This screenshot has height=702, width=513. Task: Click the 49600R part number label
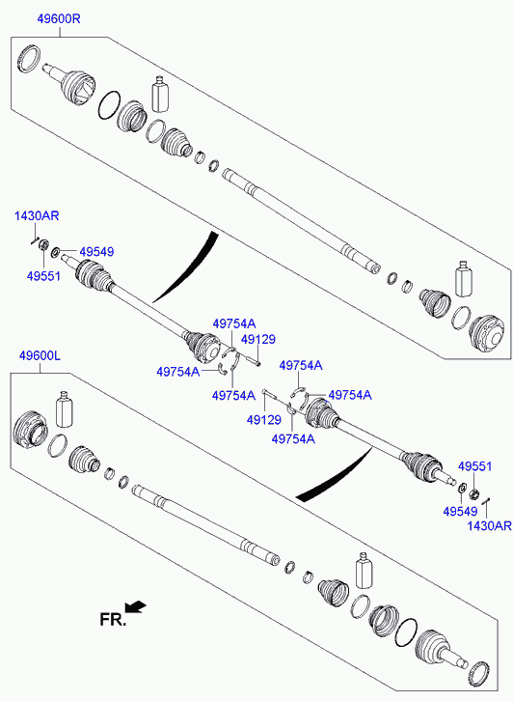tap(59, 19)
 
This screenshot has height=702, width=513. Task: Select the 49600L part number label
tap(40, 356)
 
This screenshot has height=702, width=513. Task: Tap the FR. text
tap(113, 620)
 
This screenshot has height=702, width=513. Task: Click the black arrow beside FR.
tap(135, 606)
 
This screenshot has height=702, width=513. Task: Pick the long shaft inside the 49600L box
tap(206, 524)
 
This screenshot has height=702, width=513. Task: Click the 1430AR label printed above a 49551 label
tap(37, 215)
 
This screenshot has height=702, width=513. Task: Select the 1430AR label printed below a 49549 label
tap(489, 525)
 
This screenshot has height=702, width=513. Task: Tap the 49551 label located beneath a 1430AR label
tap(43, 276)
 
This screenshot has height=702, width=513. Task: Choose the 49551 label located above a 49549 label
tap(474, 466)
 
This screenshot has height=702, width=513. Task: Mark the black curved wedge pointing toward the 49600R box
tap(185, 267)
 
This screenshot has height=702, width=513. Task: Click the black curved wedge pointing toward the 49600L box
tap(334, 475)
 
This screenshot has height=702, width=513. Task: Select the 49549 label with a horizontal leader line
tap(97, 252)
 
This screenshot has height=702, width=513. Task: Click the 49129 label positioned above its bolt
tap(258, 339)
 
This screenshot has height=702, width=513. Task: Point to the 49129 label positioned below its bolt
tap(264, 420)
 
